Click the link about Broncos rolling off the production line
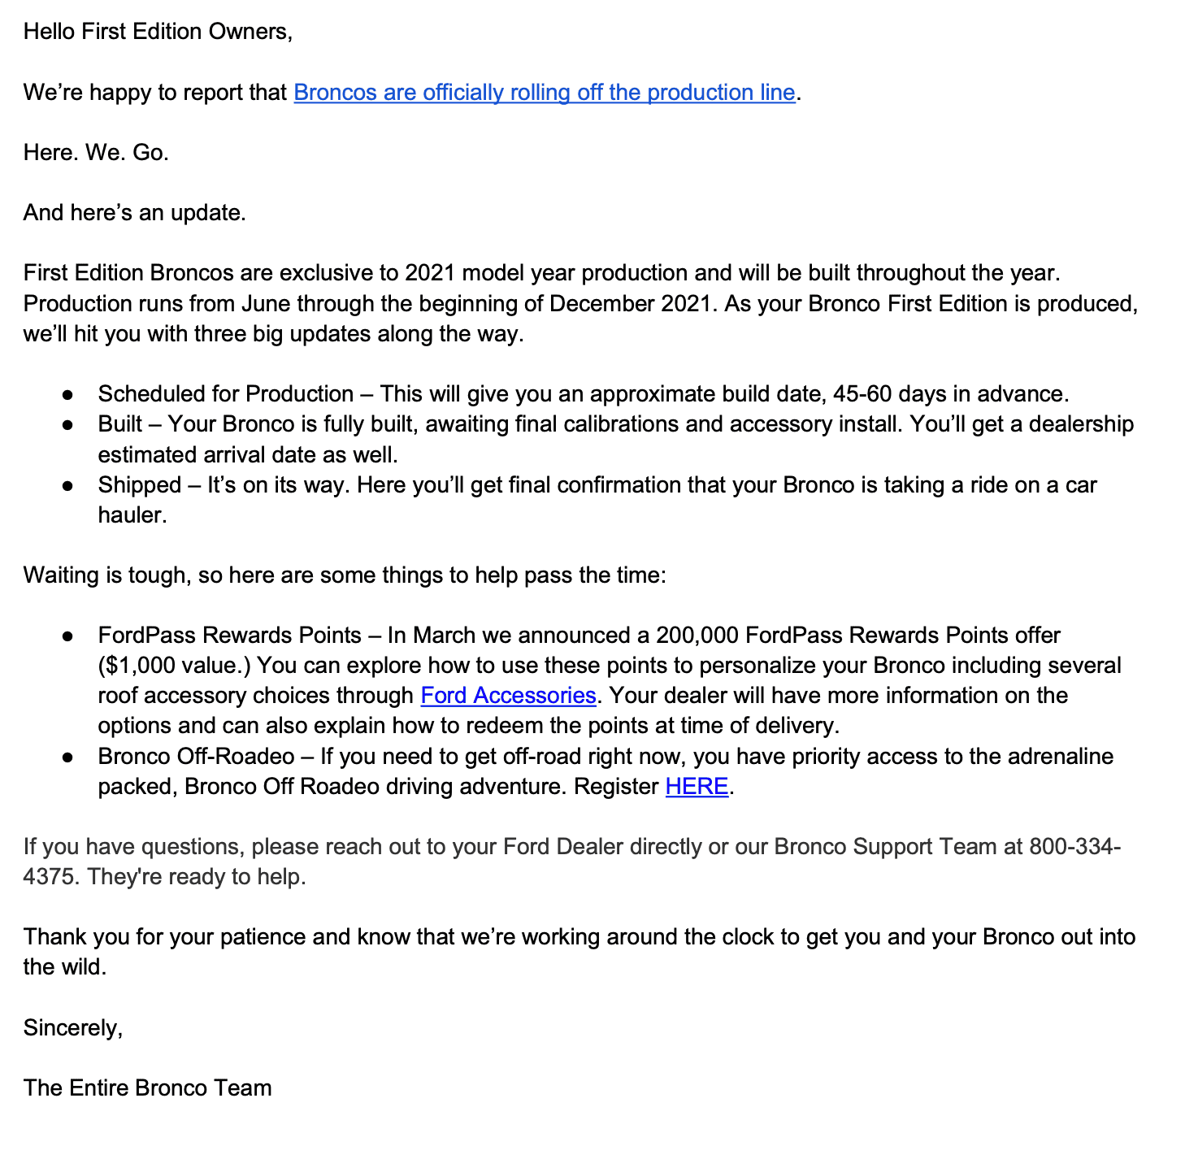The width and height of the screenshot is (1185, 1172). pyautogui.click(x=544, y=93)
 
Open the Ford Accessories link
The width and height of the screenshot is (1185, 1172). pyautogui.click(x=508, y=696)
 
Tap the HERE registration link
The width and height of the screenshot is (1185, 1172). pyautogui.click(x=697, y=787)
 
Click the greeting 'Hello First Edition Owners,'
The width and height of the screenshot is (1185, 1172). pyautogui.click(x=158, y=32)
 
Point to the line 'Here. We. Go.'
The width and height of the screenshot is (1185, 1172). pyautogui.click(x=96, y=153)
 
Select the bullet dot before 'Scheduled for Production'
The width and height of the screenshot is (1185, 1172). pyautogui.click(x=69, y=395)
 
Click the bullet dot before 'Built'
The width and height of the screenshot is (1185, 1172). pyautogui.click(x=69, y=425)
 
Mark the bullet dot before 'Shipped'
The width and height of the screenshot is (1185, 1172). pyautogui.click(x=69, y=486)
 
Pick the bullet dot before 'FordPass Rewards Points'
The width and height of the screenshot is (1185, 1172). pyautogui.click(x=69, y=636)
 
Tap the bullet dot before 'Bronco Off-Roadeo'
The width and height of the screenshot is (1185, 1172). pyautogui.click(x=69, y=757)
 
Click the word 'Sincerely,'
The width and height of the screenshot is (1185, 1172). pyautogui.click(x=73, y=1028)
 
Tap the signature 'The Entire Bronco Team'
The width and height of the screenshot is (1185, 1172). pyautogui.click(x=147, y=1088)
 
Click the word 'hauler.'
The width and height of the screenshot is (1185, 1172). pyautogui.click(x=132, y=515)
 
